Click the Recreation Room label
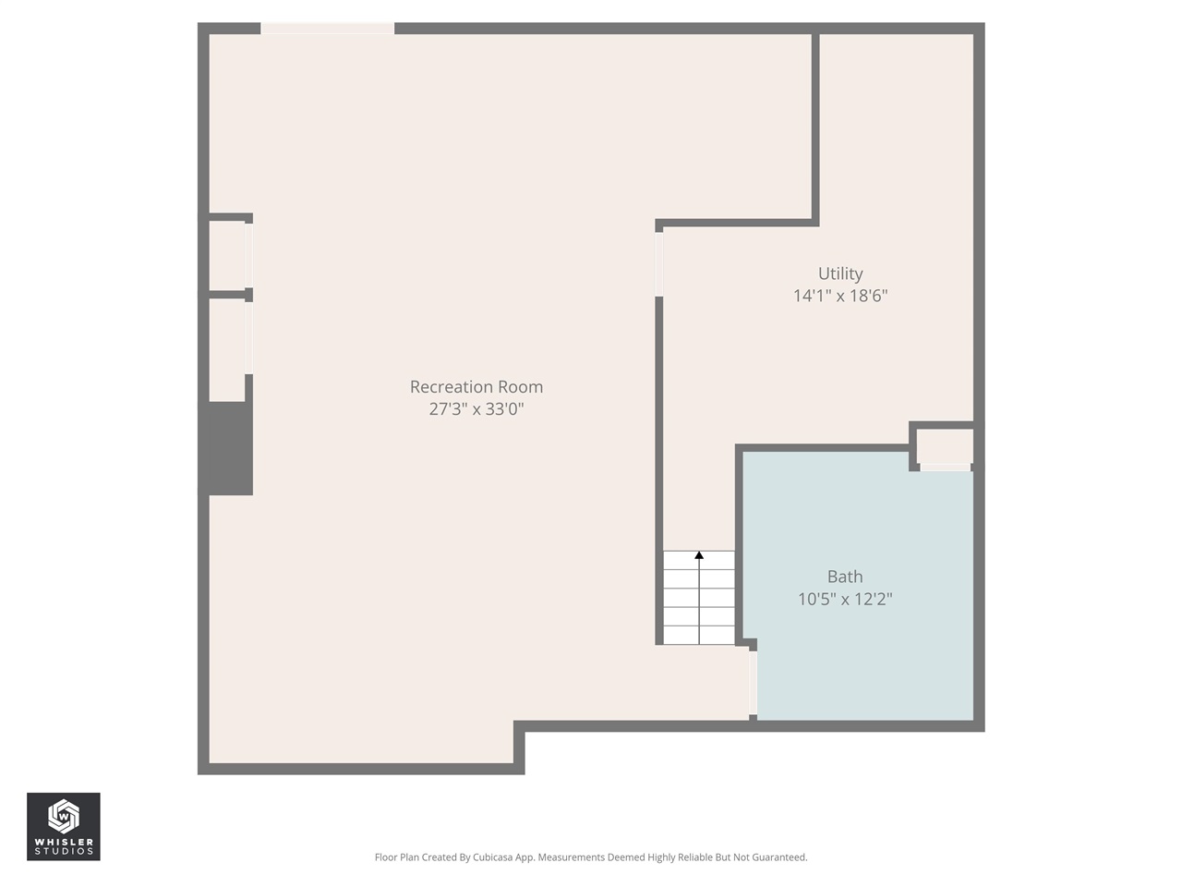click(x=476, y=387)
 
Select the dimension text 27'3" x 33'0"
click(x=476, y=409)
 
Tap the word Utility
click(x=840, y=273)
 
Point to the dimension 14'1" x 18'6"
click(x=840, y=296)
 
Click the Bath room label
click(x=845, y=577)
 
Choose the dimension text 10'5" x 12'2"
click(x=845, y=599)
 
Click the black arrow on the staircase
click(x=699, y=555)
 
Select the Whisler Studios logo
click(x=64, y=826)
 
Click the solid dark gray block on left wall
click(x=226, y=448)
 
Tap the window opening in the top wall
click(x=328, y=29)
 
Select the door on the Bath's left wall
click(x=754, y=683)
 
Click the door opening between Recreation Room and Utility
click(x=659, y=263)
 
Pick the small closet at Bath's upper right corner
click(x=945, y=446)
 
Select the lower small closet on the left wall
click(x=228, y=337)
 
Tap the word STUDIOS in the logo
click(x=64, y=851)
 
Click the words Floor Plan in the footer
click(x=397, y=857)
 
